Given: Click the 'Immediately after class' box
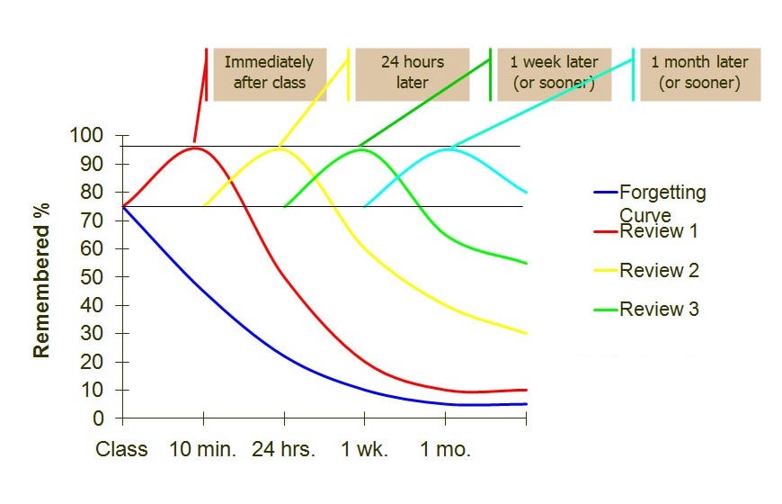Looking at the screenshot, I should pyautogui.click(x=269, y=73).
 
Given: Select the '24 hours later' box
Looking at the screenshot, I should pyautogui.click(x=412, y=73).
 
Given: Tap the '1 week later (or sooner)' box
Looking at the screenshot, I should pyautogui.click(x=554, y=73).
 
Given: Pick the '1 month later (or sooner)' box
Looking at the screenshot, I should pyautogui.click(x=698, y=73).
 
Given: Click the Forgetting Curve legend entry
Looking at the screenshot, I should pyautogui.click(x=662, y=202).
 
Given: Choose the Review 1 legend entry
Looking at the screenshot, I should pyautogui.click(x=659, y=231).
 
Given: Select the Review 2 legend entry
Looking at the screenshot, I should pyautogui.click(x=659, y=270).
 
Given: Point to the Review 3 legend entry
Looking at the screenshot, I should pyautogui.click(x=659, y=310).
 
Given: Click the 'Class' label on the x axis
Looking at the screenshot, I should pyautogui.click(x=121, y=449).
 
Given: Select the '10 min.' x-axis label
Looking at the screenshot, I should pyautogui.click(x=203, y=449).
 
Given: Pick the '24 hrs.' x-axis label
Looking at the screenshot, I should pyautogui.click(x=283, y=449).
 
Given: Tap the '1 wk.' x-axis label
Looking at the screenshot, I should pyautogui.click(x=364, y=449).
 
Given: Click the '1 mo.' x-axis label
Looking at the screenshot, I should pyautogui.click(x=445, y=449).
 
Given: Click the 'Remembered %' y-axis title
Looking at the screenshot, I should pyautogui.click(x=41, y=285).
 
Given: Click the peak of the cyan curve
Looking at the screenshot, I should pyautogui.click(x=447, y=148).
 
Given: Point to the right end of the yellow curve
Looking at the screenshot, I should pyautogui.click(x=526, y=333).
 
